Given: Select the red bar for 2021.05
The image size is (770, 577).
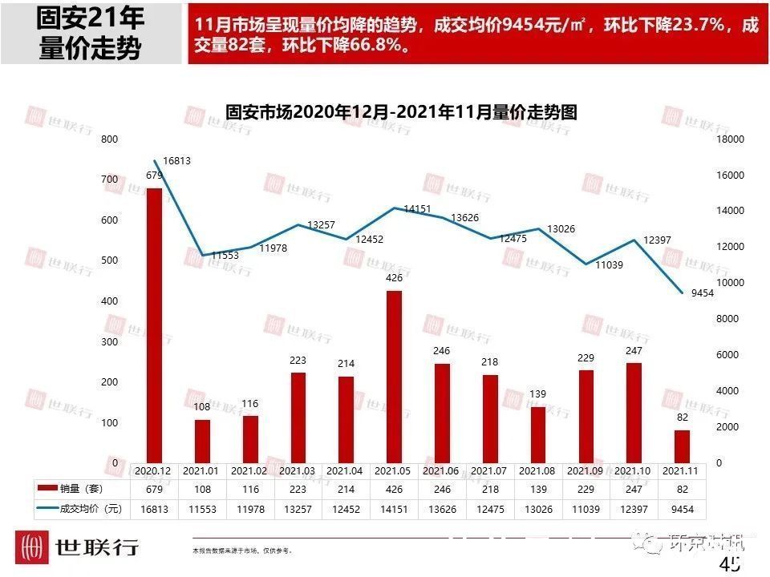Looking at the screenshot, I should (x=395, y=376).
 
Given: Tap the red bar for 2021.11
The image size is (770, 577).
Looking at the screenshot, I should (x=682, y=446).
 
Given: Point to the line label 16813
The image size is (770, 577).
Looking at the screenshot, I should (x=176, y=161).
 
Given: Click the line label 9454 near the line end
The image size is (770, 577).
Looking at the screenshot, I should (x=702, y=293).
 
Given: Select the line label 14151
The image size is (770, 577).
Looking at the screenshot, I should (x=418, y=208).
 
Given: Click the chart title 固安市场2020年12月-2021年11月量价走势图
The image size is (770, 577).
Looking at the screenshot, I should (x=401, y=112).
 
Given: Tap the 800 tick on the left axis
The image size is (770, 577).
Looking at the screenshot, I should (x=110, y=139).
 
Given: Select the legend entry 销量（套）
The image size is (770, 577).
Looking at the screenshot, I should (x=81, y=488).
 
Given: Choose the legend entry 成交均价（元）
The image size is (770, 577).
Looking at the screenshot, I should (x=81, y=507).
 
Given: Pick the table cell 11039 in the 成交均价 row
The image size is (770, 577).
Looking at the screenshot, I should (x=586, y=507).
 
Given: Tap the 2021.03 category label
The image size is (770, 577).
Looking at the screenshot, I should (x=298, y=470).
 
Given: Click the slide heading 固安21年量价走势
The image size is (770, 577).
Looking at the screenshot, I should (x=91, y=34).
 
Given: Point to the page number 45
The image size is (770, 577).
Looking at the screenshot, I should (x=730, y=565).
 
